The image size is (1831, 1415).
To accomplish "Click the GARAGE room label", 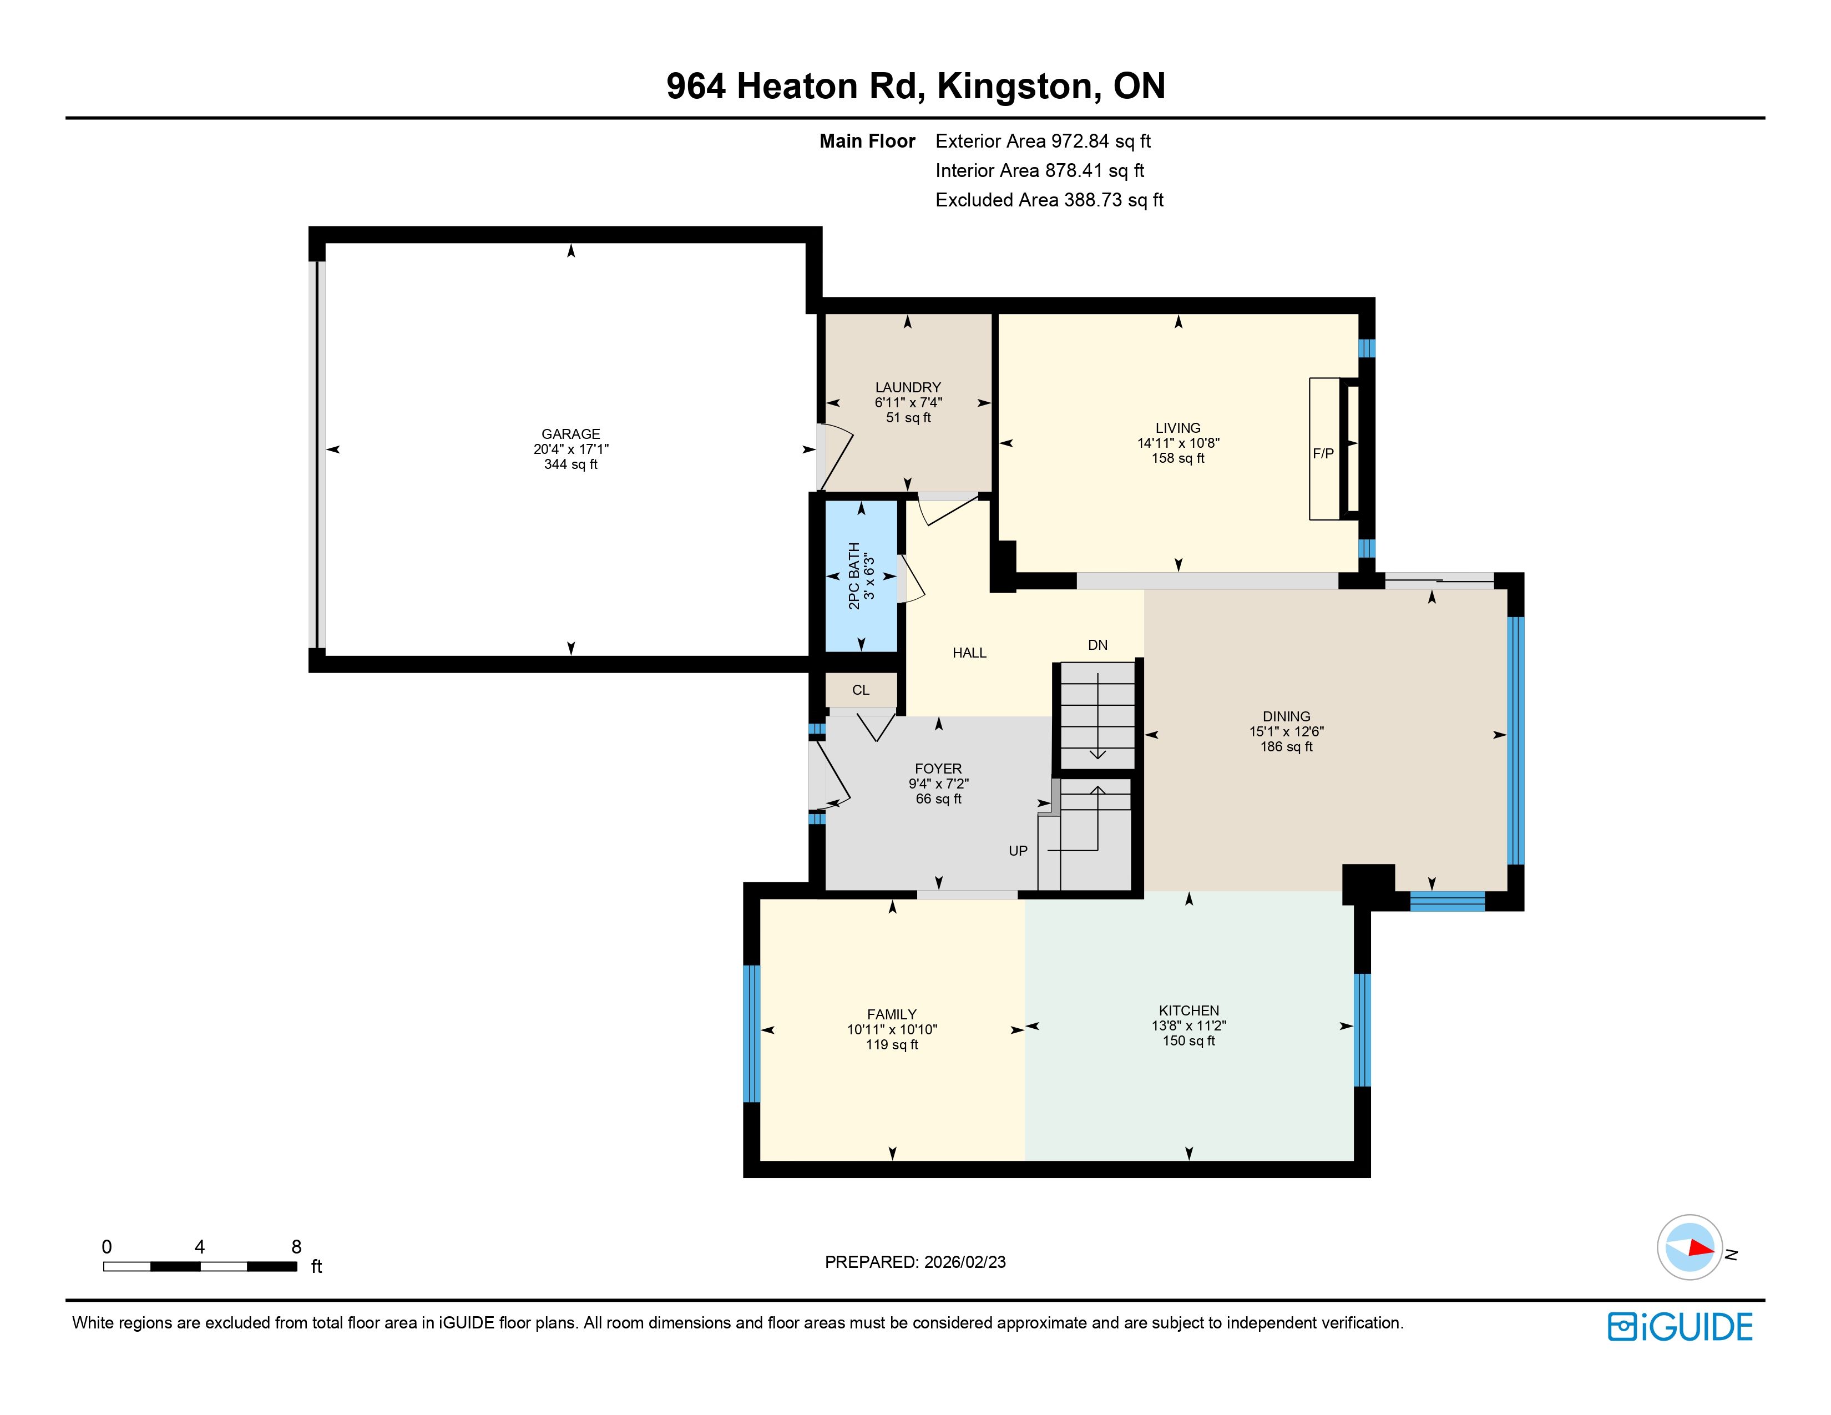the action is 571,433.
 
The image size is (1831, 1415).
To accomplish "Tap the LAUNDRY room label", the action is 908,387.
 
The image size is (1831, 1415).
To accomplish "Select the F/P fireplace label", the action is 1323,453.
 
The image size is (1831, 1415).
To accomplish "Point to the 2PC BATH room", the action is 861,576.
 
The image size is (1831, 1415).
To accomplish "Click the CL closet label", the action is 861,690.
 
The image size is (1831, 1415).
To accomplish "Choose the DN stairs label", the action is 1097,645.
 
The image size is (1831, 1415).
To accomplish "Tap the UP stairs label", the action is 1018,851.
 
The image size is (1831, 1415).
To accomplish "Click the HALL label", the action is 969,653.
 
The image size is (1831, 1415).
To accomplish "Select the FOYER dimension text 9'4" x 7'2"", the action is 938,784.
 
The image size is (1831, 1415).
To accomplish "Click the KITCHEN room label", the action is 1189,1010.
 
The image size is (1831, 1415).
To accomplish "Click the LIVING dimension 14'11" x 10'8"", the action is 1178,443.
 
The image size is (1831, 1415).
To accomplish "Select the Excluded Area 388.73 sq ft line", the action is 1050,200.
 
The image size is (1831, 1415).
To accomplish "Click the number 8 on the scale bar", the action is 296,1246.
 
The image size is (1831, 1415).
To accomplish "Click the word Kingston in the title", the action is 1014,87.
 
